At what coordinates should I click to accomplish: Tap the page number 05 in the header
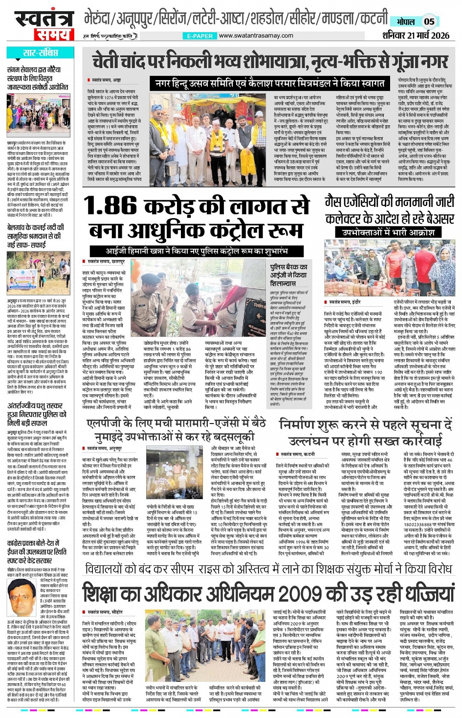click(x=429, y=22)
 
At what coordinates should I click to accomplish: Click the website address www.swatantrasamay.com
click(x=256, y=36)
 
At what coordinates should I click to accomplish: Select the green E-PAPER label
click(x=200, y=36)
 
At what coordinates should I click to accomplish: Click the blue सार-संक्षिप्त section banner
click(x=41, y=53)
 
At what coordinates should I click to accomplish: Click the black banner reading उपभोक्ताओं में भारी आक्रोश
click(x=388, y=232)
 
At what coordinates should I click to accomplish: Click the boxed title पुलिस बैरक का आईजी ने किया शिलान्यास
click(x=289, y=275)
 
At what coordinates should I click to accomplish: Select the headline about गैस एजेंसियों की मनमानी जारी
click(x=389, y=209)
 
